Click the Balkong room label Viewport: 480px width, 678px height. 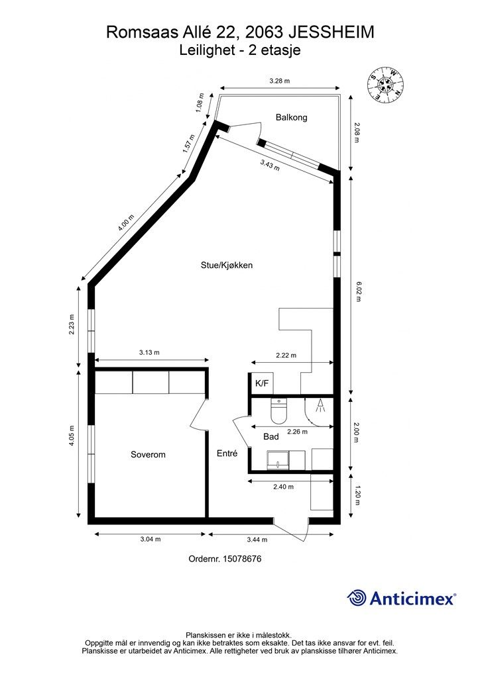(x=291, y=117)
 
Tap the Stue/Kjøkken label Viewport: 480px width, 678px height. (x=226, y=265)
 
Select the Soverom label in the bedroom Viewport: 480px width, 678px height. (x=148, y=454)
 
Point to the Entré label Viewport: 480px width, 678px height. (x=227, y=454)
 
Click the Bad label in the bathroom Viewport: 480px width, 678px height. (x=271, y=437)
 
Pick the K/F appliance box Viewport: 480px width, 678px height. (x=262, y=383)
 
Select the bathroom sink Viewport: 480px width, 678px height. (x=278, y=460)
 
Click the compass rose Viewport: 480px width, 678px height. (x=386, y=84)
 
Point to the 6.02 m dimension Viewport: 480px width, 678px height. (x=357, y=291)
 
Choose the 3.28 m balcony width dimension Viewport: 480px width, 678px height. (x=279, y=81)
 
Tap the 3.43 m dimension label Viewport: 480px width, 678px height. (x=270, y=165)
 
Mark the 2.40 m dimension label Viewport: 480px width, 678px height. (x=284, y=487)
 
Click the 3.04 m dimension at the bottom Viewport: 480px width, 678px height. (x=150, y=539)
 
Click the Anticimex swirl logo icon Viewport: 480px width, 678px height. (x=356, y=598)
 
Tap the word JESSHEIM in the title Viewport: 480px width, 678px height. (x=331, y=32)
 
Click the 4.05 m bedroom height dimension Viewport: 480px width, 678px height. (x=72, y=436)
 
